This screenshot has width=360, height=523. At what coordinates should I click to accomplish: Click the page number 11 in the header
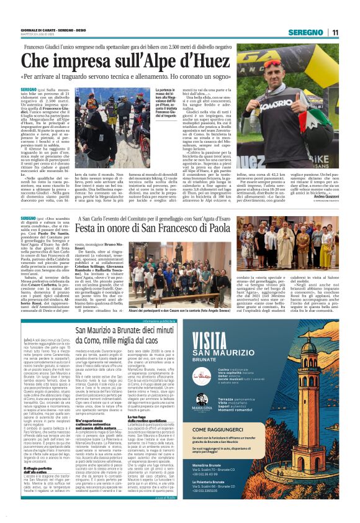[336, 32]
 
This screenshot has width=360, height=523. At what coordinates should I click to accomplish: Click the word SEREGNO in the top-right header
[308, 32]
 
